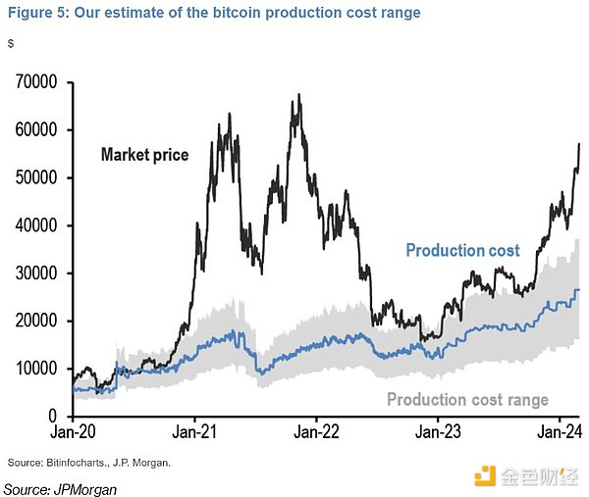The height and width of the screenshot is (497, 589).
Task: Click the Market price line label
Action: coord(144,155)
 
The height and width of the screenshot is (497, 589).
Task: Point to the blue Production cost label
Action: coord(462,251)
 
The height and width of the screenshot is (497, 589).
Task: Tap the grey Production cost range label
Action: coord(467,399)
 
